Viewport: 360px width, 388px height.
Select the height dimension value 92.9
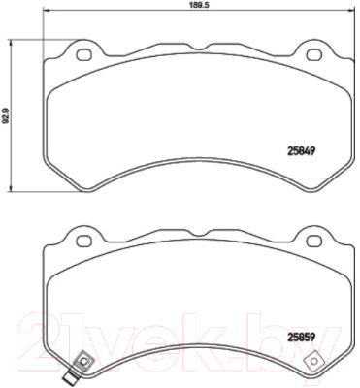[5, 115]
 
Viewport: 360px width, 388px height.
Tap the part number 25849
[301, 151]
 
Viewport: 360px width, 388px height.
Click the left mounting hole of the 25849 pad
[83, 54]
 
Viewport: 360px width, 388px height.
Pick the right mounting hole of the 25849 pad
[313, 54]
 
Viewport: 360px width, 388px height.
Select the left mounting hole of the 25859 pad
[83, 241]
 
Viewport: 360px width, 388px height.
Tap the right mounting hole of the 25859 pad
[313, 241]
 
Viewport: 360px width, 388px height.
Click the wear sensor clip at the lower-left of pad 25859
[84, 361]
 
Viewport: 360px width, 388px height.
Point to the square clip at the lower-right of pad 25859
[313, 361]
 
